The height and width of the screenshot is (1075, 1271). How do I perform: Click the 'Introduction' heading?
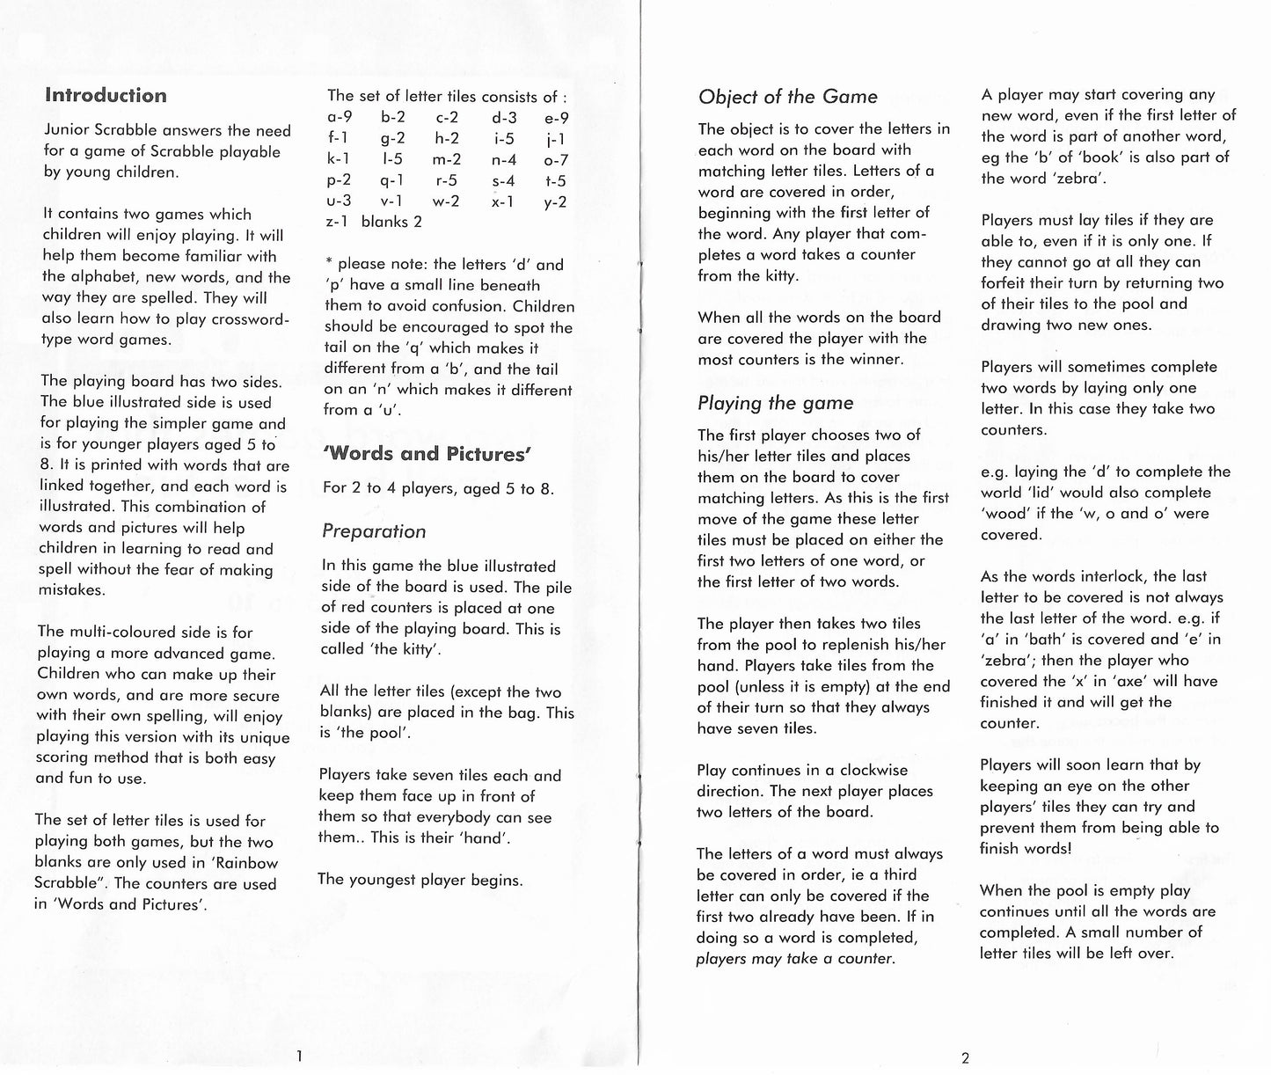coord(106,96)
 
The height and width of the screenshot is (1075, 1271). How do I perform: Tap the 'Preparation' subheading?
coord(374,531)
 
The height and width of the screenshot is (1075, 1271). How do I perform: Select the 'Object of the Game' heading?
coord(787,97)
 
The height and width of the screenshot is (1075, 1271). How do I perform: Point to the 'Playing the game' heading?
coord(775,403)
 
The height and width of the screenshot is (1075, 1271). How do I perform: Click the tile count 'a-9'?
coord(340,118)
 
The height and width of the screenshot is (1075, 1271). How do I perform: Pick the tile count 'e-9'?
coord(556,118)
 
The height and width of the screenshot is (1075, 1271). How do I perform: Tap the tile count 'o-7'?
coord(556,160)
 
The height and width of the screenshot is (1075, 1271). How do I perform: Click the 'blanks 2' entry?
coord(391,222)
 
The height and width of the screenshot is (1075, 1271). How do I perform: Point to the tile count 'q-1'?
coord(392,181)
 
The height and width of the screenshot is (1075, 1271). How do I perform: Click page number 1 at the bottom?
coord(299,1056)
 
